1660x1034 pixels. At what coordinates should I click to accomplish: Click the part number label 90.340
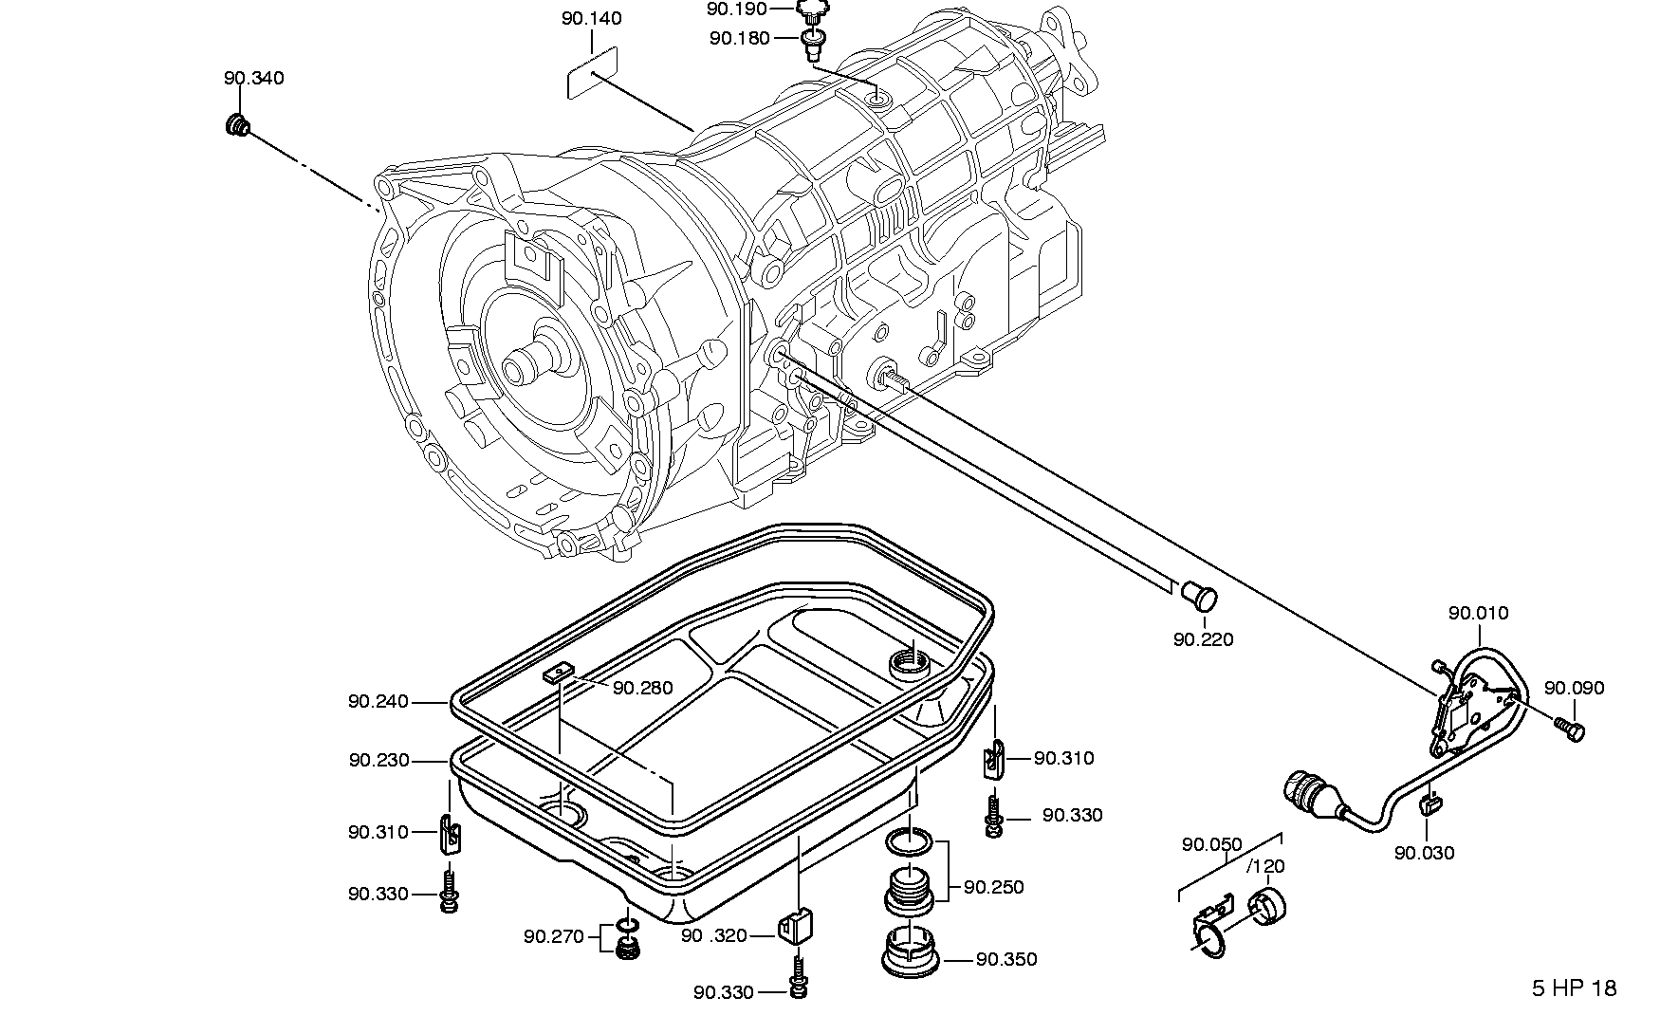[254, 78]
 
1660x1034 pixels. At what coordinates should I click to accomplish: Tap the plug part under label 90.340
[237, 124]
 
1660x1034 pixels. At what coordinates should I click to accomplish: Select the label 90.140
[591, 19]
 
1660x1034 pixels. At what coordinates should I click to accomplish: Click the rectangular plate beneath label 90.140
[592, 74]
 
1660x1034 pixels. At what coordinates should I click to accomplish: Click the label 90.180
[740, 38]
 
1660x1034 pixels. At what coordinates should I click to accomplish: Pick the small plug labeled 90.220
[1200, 597]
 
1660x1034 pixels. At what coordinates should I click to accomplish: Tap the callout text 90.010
[1478, 614]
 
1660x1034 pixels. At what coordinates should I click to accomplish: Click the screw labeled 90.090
[1570, 729]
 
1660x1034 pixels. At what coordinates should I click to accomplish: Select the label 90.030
[1424, 853]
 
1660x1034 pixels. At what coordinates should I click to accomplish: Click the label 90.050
[1212, 844]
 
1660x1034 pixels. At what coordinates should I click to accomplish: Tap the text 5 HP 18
[1574, 988]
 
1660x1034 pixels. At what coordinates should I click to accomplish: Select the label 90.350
[1006, 960]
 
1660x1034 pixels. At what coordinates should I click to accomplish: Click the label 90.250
[994, 888]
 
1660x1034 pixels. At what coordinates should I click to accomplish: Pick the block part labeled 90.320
[797, 926]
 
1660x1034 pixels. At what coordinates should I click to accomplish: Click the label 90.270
[554, 937]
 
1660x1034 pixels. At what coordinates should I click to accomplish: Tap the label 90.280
[642, 687]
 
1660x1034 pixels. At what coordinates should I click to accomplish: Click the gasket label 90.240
[378, 702]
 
